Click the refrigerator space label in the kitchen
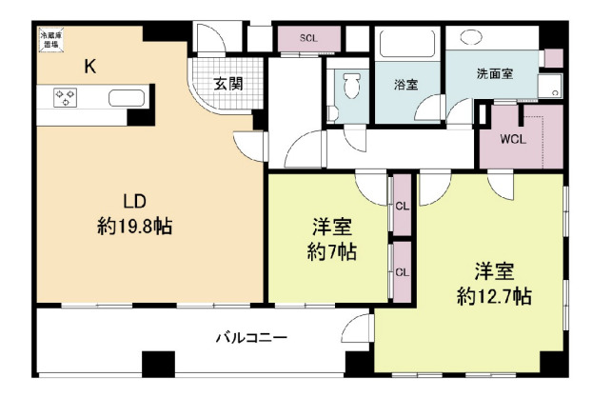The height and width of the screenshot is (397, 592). [48, 40]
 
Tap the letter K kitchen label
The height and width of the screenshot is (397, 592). [89, 66]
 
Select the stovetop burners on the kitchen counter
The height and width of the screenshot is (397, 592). [66, 97]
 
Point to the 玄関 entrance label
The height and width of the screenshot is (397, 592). [227, 84]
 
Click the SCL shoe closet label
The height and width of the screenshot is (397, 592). [308, 38]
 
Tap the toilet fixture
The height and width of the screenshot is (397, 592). [350, 88]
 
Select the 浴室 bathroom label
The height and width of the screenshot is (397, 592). [406, 84]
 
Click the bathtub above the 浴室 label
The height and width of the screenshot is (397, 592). [405, 46]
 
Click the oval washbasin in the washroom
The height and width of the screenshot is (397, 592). [469, 39]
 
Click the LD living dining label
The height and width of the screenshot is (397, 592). [132, 201]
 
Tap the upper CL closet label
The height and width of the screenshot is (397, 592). [402, 205]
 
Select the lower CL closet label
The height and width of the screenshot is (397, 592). [402, 271]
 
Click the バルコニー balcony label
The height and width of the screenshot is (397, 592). [251, 337]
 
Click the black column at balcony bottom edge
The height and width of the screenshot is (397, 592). [157, 365]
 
